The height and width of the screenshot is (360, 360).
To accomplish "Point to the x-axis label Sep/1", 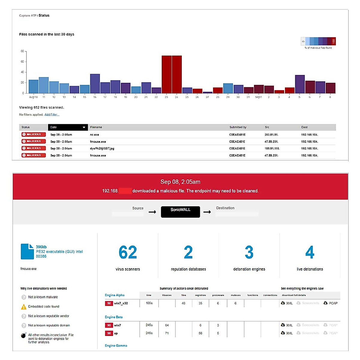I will click(x=258, y=97).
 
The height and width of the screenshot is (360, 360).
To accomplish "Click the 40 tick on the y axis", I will click(x=22, y=72).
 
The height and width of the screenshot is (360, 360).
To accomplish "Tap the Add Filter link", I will click(x=52, y=115).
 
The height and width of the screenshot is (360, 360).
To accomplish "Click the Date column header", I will click(x=68, y=127).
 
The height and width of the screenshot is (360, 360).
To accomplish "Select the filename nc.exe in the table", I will click(x=94, y=135).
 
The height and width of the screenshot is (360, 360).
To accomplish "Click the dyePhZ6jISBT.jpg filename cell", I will click(x=102, y=148).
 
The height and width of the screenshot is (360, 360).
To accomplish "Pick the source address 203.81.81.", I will click(x=271, y=135).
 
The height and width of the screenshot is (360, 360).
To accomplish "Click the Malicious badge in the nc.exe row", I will click(x=34, y=134).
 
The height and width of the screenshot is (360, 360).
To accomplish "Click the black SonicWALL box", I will click(x=180, y=212).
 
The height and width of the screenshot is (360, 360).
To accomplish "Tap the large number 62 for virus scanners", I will click(x=128, y=252).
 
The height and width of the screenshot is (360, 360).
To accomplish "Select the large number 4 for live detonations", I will click(x=310, y=252).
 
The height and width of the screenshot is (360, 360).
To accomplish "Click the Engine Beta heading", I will click(x=114, y=317).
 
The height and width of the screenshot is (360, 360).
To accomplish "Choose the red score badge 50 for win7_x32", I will click(x=109, y=303).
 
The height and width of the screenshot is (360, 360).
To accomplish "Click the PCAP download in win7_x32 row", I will click(x=330, y=303).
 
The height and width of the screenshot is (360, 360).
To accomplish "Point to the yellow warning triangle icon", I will click(x=24, y=307).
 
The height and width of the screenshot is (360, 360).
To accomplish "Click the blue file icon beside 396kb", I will click(x=27, y=251).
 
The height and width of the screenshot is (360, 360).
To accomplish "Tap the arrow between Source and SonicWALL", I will click(x=152, y=212).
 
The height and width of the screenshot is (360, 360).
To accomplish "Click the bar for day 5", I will click(x=300, y=84).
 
